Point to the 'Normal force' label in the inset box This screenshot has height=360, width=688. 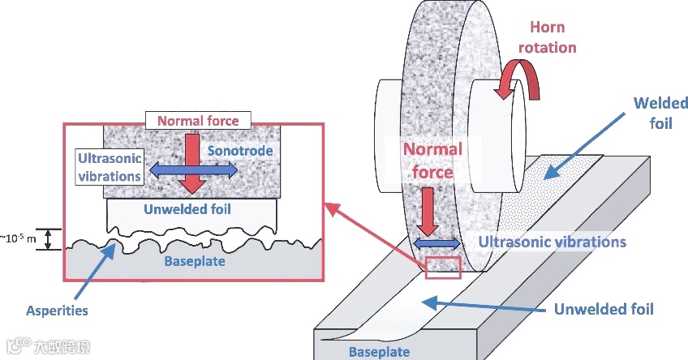coord(198,122)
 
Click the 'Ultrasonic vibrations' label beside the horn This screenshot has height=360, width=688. coord(552,242)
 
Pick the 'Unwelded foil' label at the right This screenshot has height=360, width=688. coord(603,309)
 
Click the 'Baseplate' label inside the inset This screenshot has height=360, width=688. coord(194,262)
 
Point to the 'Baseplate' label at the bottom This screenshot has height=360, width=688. coord(379,352)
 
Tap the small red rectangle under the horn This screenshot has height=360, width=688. coord(442,268)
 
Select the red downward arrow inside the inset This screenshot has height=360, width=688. coord(193,162)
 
